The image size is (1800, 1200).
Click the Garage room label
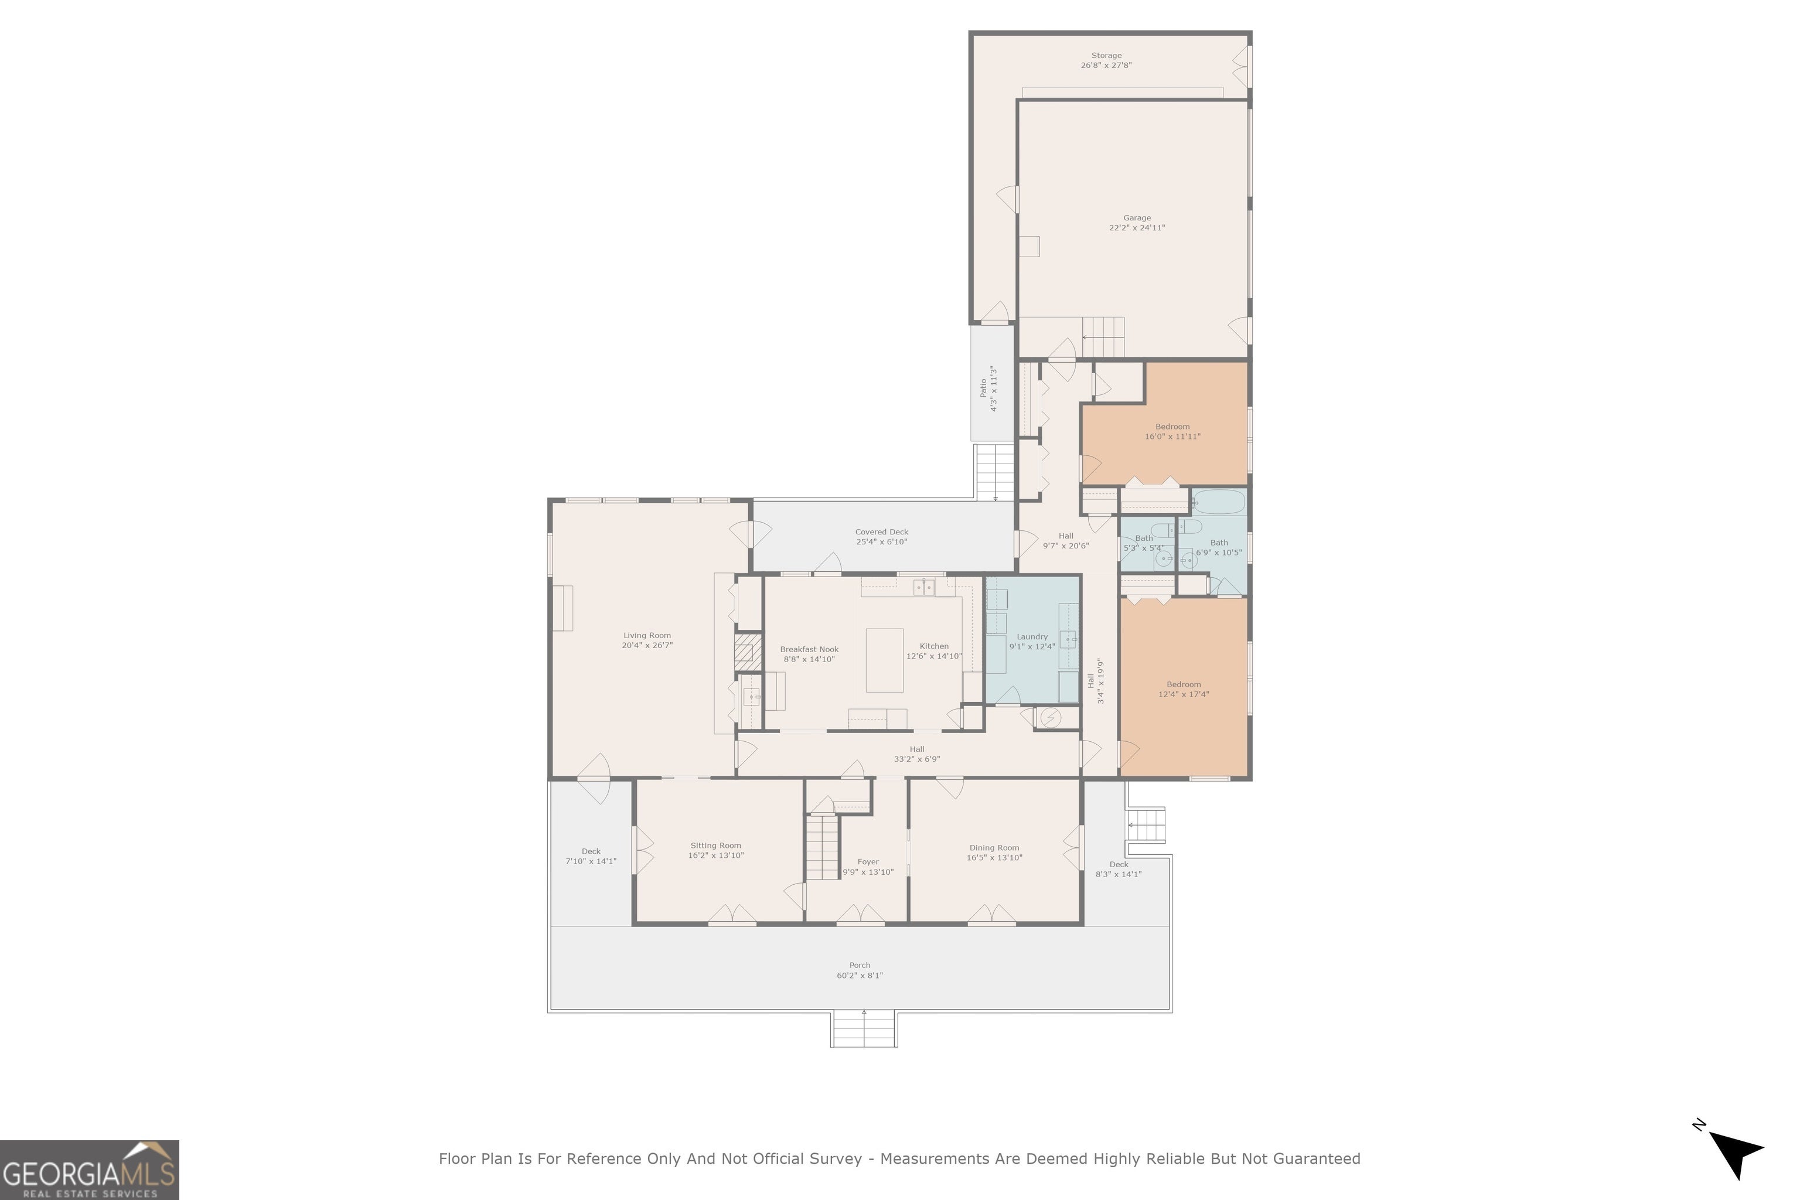pos(1137,218)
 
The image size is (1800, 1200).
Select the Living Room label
pos(647,635)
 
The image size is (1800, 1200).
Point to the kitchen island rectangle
pos(884,660)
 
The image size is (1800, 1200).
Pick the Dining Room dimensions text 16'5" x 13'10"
pos(994,857)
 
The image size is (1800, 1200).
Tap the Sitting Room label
pos(715,846)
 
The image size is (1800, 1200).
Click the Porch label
pos(860,965)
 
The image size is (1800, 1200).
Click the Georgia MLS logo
pos(90,1170)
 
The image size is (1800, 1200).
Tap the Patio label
pos(983,388)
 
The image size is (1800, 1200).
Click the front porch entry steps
pos(864,1028)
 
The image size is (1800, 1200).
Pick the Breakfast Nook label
pos(809,649)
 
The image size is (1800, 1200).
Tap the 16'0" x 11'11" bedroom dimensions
pos(1172,436)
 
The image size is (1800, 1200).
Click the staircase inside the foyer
pos(823,847)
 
